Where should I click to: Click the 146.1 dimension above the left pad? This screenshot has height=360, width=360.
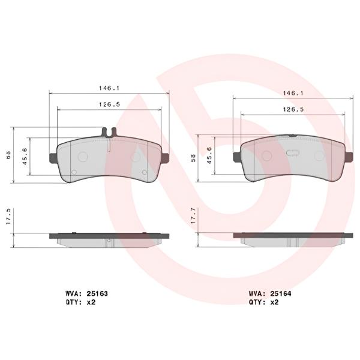click(109, 88)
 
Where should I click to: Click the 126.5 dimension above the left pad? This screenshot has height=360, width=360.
click(109, 103)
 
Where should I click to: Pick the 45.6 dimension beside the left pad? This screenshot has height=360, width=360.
click(25, 155)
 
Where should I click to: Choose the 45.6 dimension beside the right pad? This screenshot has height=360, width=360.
click(209, 155)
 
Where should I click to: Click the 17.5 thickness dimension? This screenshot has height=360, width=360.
click(8, 214)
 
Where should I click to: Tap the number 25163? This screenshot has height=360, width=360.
click(97, 294)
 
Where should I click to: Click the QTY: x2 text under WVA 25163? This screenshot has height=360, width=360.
click(80, 302)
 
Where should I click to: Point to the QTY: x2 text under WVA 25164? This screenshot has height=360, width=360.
click(264, 302)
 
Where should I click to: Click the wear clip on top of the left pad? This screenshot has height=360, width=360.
click(109, 131)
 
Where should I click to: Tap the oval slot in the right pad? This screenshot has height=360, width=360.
click(293, 152)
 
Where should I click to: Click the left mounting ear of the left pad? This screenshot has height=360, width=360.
click(52, 158)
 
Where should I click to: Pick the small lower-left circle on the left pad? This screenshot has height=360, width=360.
click(74, 173)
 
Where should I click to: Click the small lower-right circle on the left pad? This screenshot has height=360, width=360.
click(144, 173)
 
